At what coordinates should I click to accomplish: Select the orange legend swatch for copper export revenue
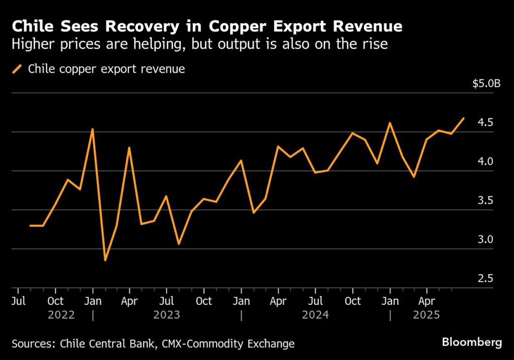(18, 69)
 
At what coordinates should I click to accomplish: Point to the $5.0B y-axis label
(486, 83)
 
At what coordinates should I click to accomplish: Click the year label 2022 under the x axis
(61, 315)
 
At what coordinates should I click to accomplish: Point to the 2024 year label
(315, 315)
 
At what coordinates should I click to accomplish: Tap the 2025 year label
(426, 315)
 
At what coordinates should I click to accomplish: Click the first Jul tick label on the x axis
(18, 301)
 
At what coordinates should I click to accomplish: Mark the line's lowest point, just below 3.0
(105, 260)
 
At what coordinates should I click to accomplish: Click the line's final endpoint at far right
(463, 118)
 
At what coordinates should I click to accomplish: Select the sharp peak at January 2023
(92, 130)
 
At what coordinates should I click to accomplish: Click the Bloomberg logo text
(471, 342)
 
